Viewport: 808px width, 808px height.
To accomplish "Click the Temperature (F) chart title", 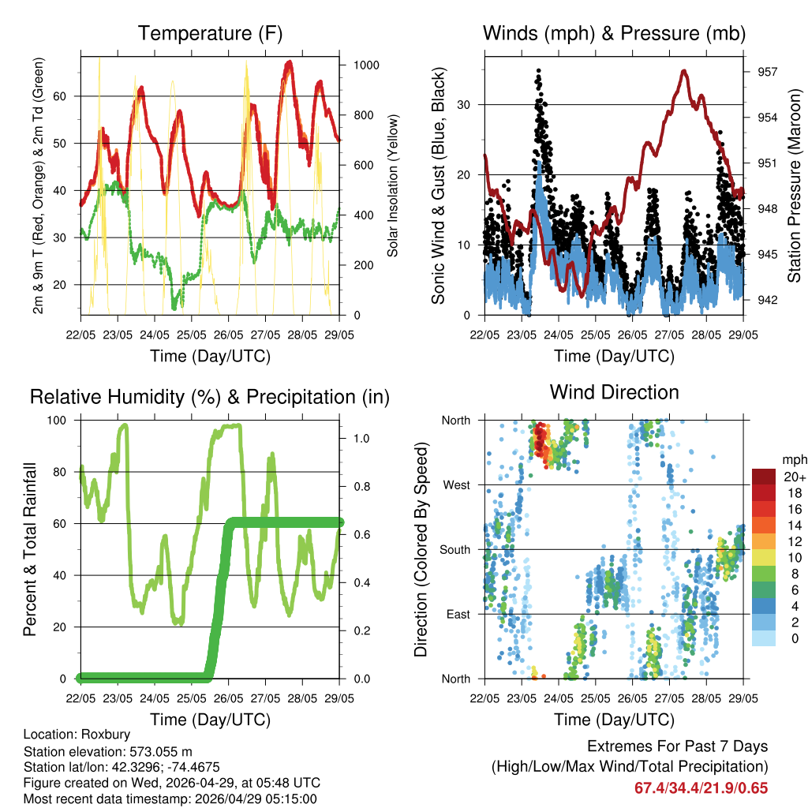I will (x=210, y=33).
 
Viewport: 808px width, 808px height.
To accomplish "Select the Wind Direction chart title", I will (x=614, y=392).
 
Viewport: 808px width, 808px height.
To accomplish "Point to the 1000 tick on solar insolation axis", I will (x=367, y=65).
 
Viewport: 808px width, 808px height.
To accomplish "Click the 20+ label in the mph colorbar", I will (x=794, y=477).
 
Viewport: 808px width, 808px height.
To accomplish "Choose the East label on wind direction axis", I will (x=456, y=614).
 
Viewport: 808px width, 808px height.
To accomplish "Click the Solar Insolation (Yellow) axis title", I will (x=392, y=185).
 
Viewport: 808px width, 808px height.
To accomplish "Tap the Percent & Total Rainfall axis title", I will (x=31, y=549).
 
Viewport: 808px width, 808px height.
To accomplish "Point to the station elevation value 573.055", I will (x=154, y=751).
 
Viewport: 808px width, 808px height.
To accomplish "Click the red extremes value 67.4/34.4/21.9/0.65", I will (x=701, y=788).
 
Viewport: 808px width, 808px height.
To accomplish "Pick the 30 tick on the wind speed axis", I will (x=466, y=104).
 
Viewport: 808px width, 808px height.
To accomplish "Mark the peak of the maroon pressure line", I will (x=684, y=71).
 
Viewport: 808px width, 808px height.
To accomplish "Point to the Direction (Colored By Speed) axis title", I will (x=421, y=549).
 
